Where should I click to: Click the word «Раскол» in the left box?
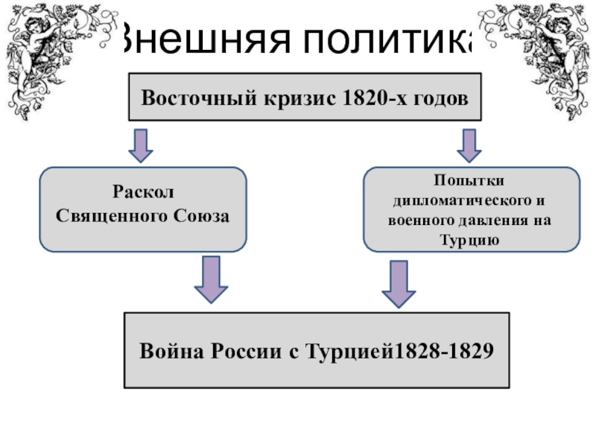click(142, 193)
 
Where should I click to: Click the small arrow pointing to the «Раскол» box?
click(140, 145)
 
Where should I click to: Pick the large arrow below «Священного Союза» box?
click(210, 279)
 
